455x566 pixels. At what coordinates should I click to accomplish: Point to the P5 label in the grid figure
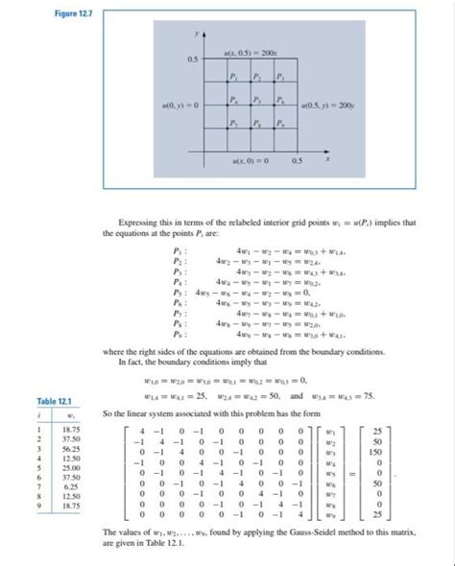(255, 100)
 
